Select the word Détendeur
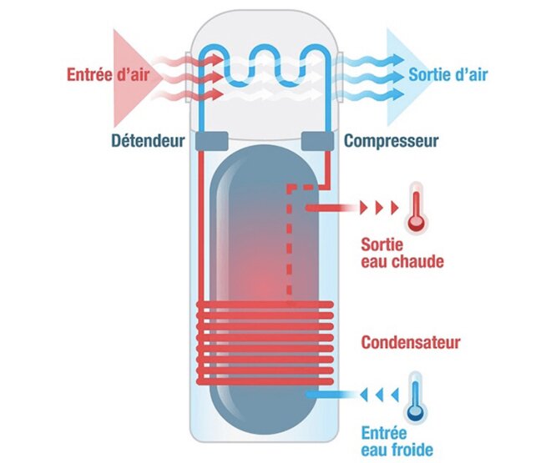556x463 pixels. coord(148,141)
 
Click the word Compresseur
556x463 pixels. coord(392,141)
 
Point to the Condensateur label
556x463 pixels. coord(411,343)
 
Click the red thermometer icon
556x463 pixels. coord(415,211)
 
